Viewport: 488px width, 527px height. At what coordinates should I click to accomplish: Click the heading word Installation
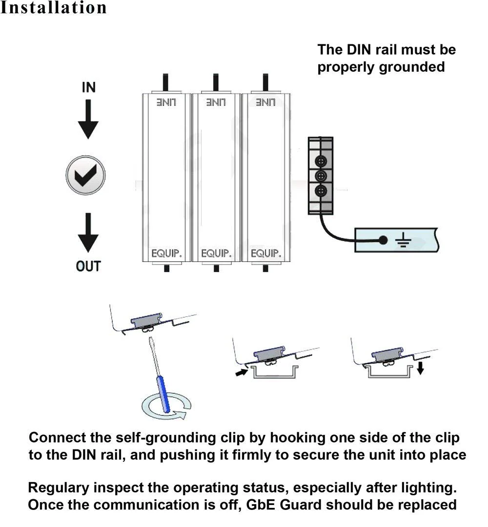[54, 8]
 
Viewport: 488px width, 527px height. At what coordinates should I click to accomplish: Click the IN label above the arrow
[88, 88]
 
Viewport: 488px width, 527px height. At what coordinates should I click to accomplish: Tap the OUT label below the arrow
[88, 267]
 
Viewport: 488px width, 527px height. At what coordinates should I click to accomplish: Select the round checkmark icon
[86, 175]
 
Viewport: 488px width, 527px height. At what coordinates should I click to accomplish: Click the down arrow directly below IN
[88, 119]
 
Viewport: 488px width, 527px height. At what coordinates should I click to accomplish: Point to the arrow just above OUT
[88, 233]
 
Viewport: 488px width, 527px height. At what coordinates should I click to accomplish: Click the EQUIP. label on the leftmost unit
[166, 254]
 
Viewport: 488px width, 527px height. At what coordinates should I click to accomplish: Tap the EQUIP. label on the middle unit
[216, 254]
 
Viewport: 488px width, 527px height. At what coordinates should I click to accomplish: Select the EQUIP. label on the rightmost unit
[266, 254]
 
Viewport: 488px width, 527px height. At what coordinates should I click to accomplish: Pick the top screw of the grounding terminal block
[321, 161]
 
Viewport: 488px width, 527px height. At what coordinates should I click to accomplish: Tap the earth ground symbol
[403, 240]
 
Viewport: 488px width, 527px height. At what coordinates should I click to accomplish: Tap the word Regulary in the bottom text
[59, 487]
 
